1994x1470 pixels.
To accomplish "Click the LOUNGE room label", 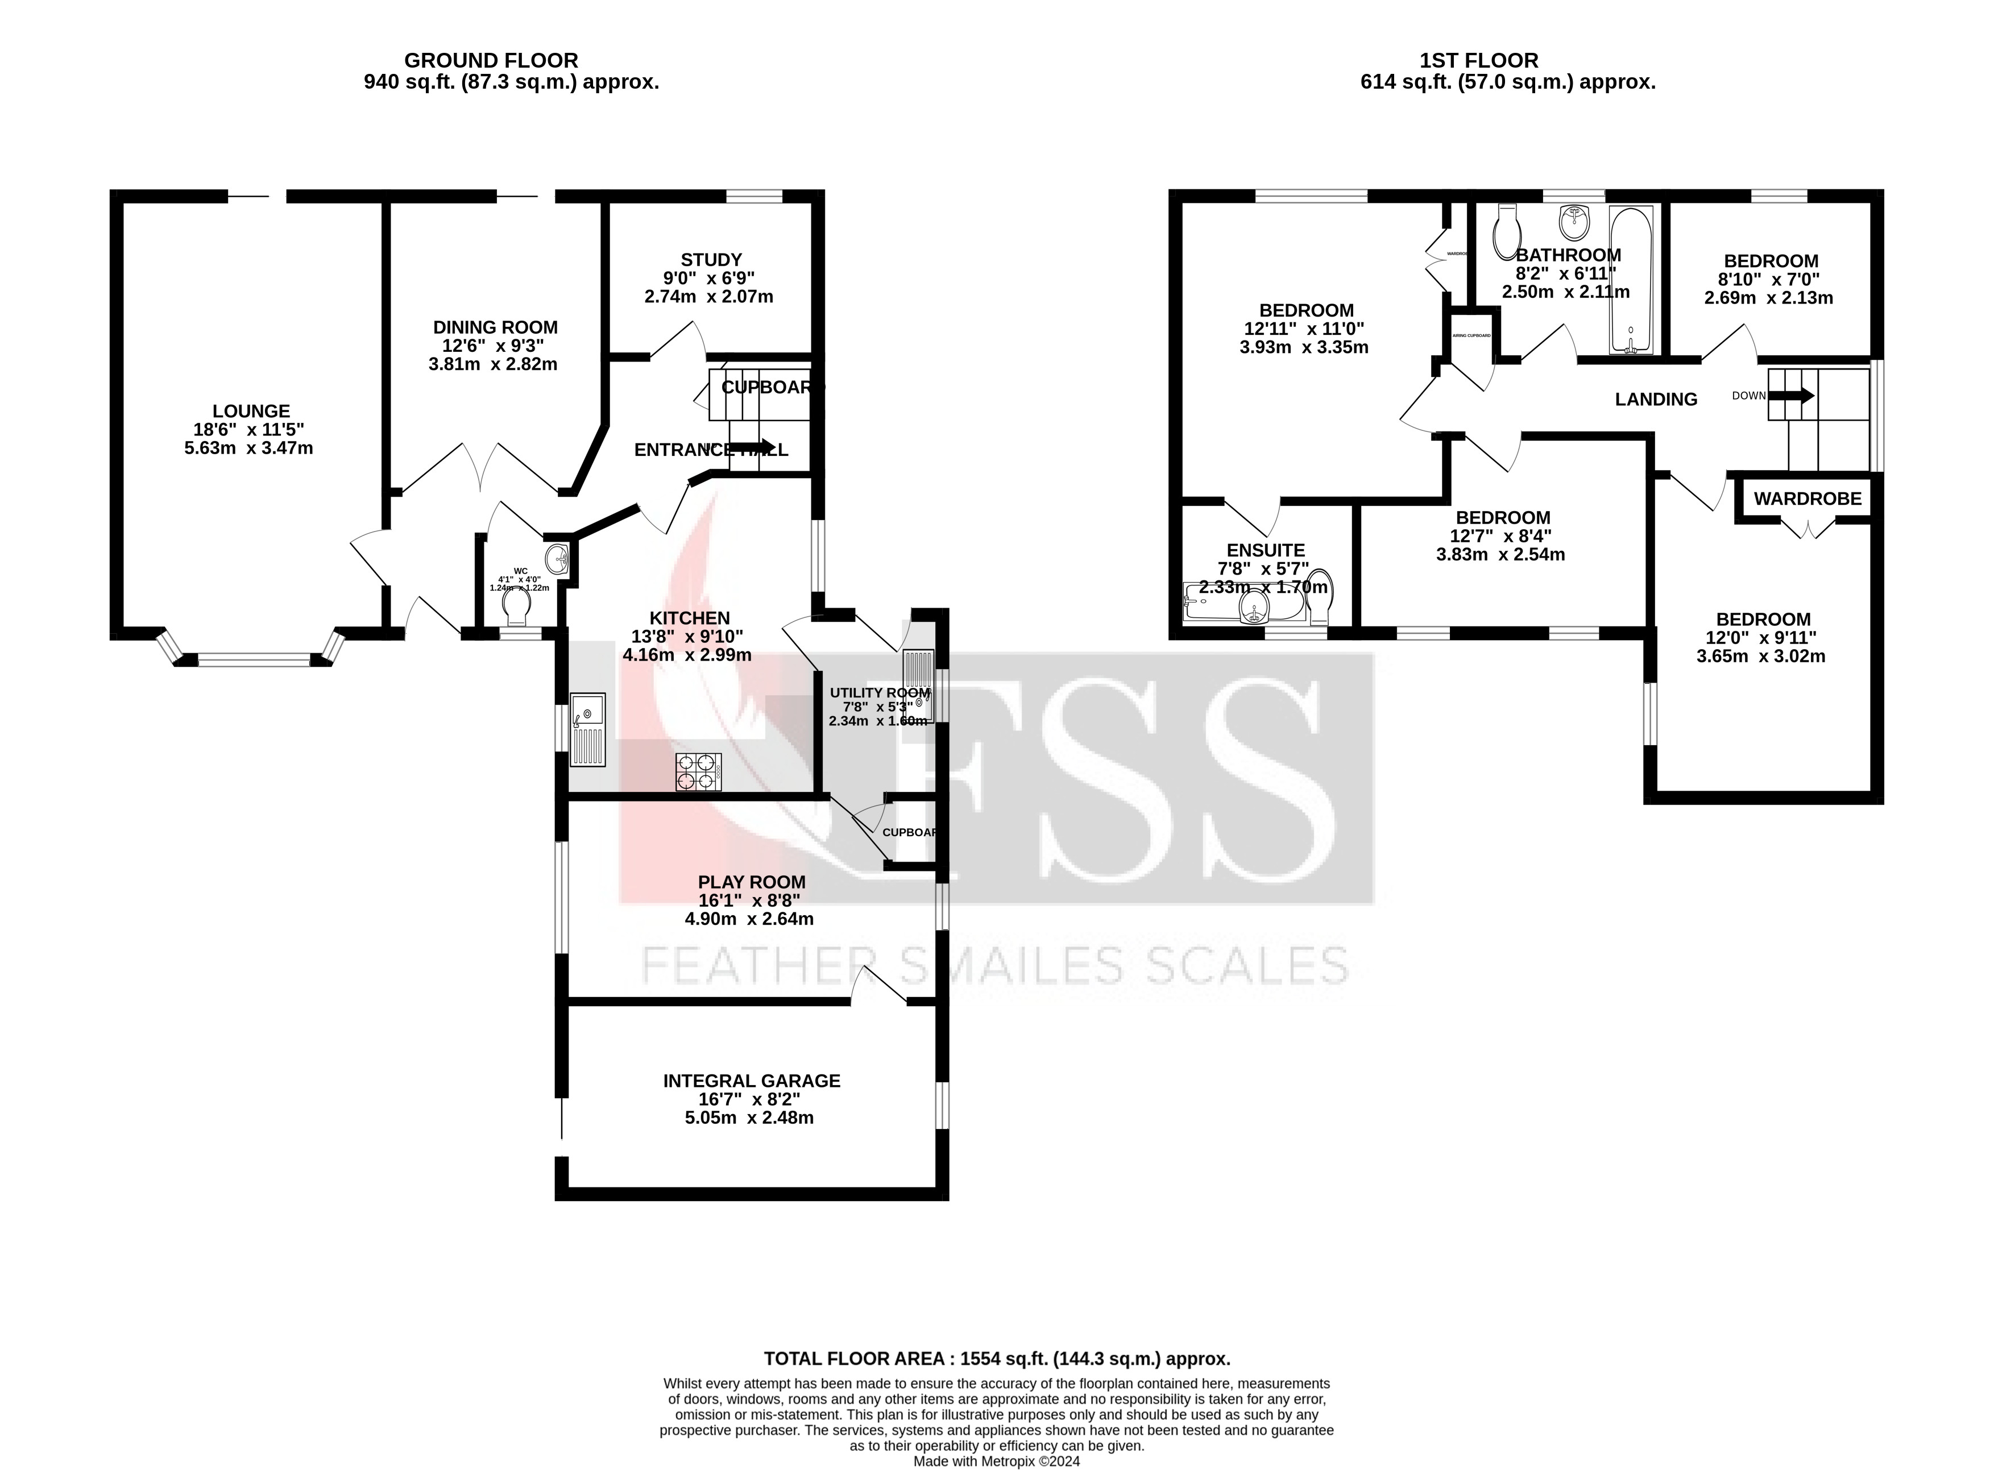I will click(251, 411).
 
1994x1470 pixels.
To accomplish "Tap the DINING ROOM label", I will click(495, 327).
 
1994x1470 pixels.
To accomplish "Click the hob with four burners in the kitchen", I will click(698, 771).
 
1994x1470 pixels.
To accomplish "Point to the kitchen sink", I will click(587, 729).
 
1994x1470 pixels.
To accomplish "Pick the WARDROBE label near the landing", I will click(1807, 499).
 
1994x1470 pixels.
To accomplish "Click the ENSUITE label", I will click(1265, 550).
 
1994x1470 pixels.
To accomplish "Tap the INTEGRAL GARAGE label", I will click(751, 1080).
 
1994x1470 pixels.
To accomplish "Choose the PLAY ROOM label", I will click(751, 882).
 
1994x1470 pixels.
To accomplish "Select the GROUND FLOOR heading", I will click(490, 60).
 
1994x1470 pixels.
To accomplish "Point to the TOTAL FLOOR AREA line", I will click(997, 1359).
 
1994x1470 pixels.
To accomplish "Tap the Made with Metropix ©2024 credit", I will click(997, 1461).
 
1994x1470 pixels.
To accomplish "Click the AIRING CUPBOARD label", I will click(1471, 335).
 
